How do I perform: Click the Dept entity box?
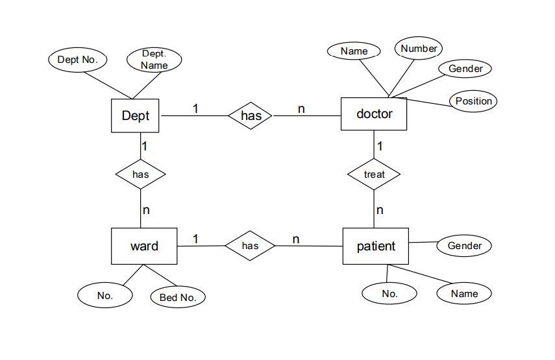[x=136, y=116]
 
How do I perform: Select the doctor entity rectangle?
[x=374, y=114]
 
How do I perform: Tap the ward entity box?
[x=143, y=246]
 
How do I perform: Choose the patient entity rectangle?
[x=375, y=246]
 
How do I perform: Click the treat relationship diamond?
[x=374, y=174]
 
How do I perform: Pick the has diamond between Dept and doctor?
[x=251, y=116]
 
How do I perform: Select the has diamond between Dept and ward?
[x=140, y=174]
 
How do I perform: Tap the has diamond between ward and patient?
[x=250, y=246]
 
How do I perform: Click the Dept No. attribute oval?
[x=77, y=60]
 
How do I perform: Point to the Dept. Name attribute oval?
[x=154, y=60]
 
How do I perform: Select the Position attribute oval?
[x=473, y=101]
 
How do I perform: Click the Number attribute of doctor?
[x=419, y=49]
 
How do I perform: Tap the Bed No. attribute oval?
[x=178, y=298]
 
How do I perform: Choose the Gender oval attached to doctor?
[x=465, y=69]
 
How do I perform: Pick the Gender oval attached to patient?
[x=464, y=246]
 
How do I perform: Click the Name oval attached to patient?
[x=464, y=294]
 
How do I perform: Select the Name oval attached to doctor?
[x=354, y=51]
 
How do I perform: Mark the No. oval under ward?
[x=105, y=295]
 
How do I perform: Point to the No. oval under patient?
[x=389, y=294]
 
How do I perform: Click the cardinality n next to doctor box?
[x=301, y=109]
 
